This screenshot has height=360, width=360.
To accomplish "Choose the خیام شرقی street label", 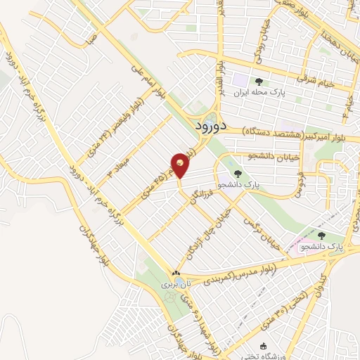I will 324,82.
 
